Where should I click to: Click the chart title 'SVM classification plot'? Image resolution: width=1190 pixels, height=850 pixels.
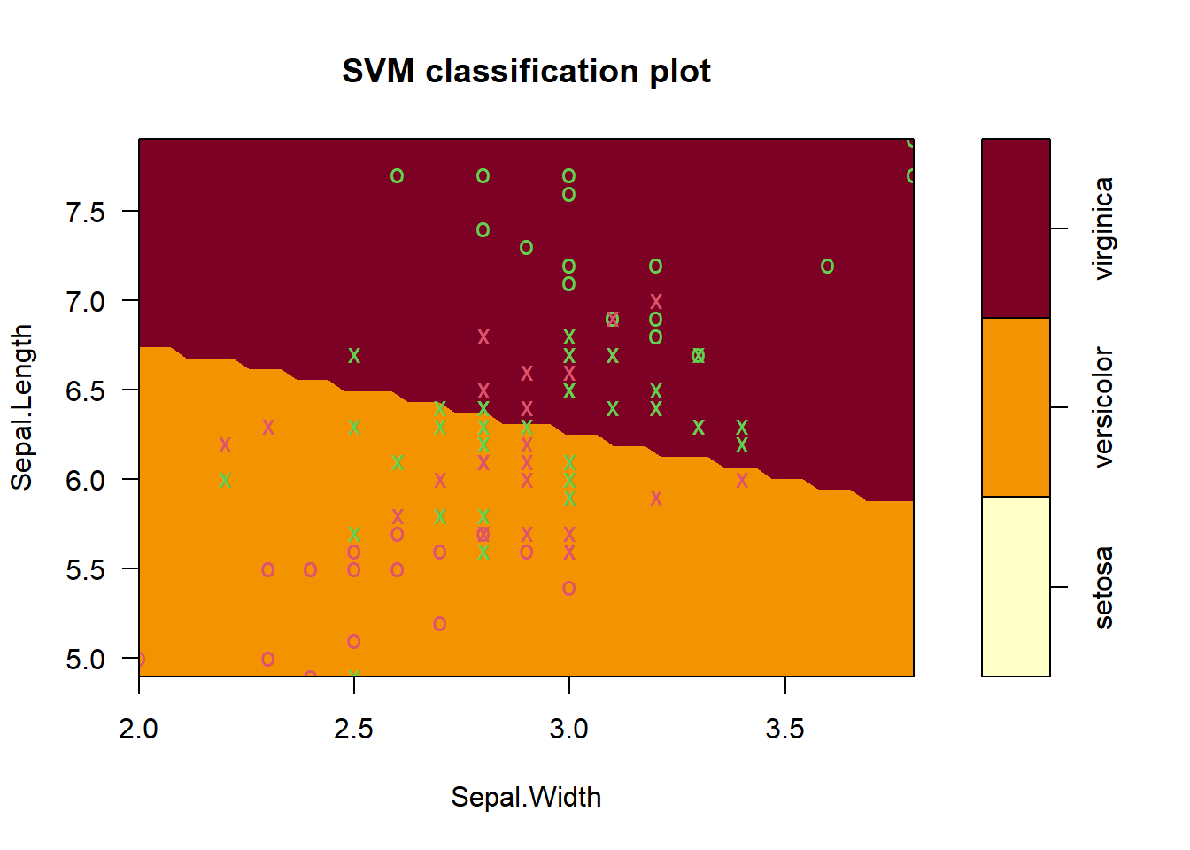(x=526, y=72)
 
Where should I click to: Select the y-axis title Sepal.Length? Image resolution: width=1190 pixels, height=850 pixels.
(x=21, y=406)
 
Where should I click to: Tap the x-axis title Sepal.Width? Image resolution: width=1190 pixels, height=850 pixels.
(x=526, y=797)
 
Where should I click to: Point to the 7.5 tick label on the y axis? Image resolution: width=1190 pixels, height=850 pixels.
(x=85, y=212)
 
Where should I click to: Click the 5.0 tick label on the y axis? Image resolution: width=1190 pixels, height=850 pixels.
(x=85, y=660)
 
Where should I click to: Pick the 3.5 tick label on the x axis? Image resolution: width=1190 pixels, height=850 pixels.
(x=784, y=729)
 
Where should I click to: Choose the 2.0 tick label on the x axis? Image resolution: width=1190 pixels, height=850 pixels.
(x=139, y=729)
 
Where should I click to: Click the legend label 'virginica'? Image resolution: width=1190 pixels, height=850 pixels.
(x=1103, y=228)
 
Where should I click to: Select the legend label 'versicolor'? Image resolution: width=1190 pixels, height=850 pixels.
(x=1103, y=407)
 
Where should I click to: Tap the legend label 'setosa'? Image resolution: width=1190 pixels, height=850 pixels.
(x=1103, y=587)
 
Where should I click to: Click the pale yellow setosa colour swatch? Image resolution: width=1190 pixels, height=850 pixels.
(x=1016, y=586)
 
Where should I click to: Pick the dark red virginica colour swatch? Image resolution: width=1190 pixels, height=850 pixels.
(x=1016, y=228)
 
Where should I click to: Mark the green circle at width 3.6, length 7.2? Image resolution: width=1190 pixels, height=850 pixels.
(x=827, y=267)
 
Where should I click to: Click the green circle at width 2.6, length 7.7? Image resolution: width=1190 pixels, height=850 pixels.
(x=397, y=176)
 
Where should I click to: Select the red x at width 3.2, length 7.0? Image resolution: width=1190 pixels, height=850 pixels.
(x=655, y=302)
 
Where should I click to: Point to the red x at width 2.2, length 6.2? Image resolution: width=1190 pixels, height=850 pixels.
(x=225, y=444)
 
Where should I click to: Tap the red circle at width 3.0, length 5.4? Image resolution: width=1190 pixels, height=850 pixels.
(x=569, y=588)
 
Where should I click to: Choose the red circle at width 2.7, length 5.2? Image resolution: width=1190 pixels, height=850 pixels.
(x=440, y=623)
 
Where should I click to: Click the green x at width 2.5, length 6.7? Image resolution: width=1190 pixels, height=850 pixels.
(x=354, y=355)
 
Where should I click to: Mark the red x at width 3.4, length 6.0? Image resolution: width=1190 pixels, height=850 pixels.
(x=742, y=480)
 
